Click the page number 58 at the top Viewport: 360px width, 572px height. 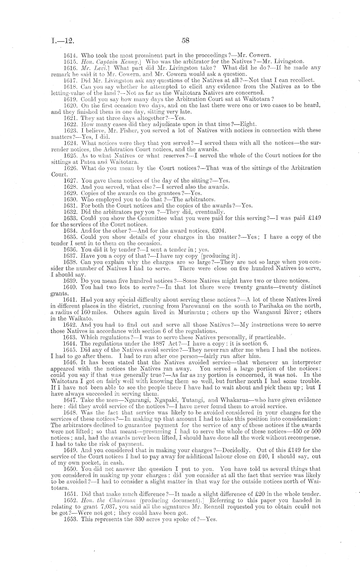185,41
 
